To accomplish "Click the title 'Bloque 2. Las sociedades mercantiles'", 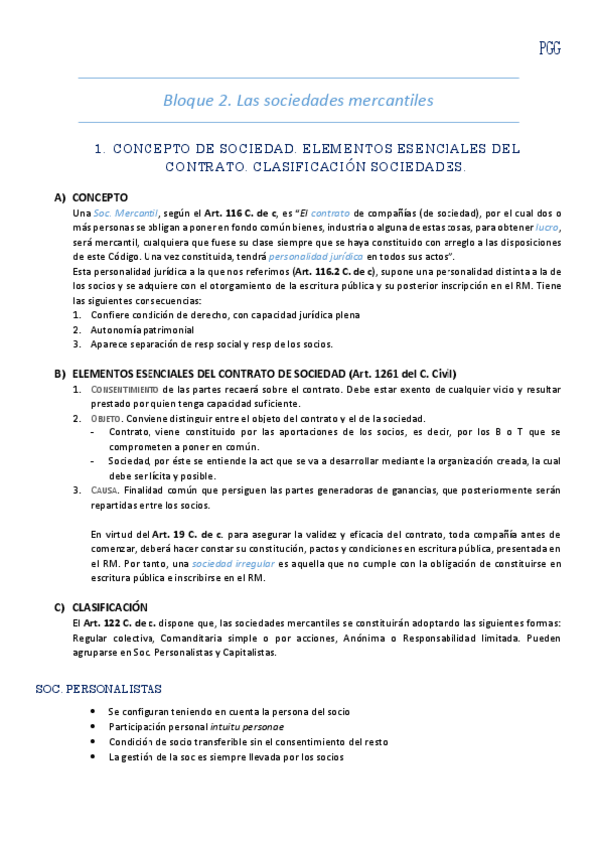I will (298, 100).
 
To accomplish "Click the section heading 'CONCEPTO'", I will (101, 197).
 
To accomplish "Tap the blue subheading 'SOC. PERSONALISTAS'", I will (99, 689).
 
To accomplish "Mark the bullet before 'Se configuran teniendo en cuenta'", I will (93, 712).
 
